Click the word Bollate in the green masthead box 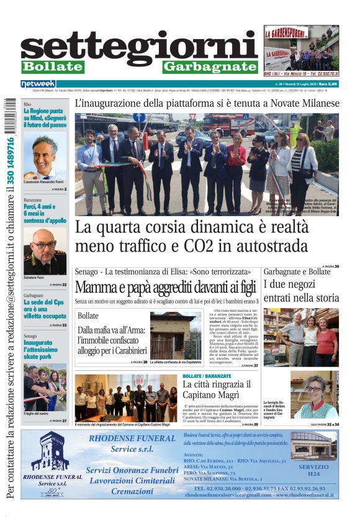tap(52, 66)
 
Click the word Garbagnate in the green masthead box tap(210, 66)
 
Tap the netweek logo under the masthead tap(38, 84)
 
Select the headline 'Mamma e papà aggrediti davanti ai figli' tap(164, 288)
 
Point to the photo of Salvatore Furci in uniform tap(45, 252)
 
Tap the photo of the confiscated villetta tap(175, 335)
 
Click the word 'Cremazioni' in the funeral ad tap(132, 491)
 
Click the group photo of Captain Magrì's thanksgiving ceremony tap(126, 398)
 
